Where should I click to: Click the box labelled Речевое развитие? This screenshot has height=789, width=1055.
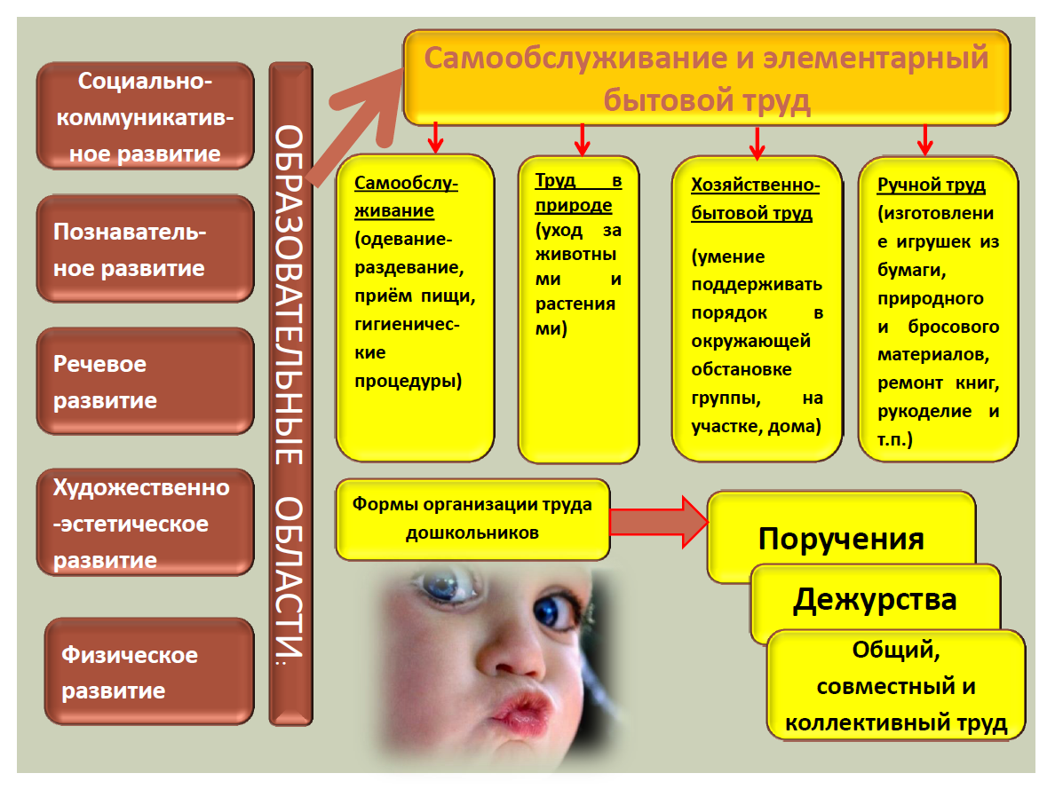146,382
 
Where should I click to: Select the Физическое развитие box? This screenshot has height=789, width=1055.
149,671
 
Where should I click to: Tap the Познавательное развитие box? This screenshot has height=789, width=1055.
146,249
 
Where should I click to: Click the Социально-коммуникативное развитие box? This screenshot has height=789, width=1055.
146,115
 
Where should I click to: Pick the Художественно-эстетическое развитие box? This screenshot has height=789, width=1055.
146,523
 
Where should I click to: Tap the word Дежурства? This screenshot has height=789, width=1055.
875,599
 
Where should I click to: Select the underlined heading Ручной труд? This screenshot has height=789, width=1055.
932,185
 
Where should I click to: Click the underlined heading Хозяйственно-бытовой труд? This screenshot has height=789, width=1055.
755,199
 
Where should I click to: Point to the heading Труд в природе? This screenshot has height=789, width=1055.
578,193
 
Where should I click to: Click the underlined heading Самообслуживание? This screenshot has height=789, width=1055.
407,196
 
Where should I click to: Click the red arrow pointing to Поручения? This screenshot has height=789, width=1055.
659,521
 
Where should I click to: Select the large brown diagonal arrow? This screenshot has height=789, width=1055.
354,125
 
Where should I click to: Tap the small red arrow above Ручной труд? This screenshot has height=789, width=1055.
925,139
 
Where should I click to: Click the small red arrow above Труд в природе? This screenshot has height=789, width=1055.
583,139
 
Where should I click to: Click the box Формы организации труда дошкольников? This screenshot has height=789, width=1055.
472,519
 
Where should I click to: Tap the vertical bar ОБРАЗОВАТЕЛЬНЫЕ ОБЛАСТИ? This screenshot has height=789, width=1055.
290,394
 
